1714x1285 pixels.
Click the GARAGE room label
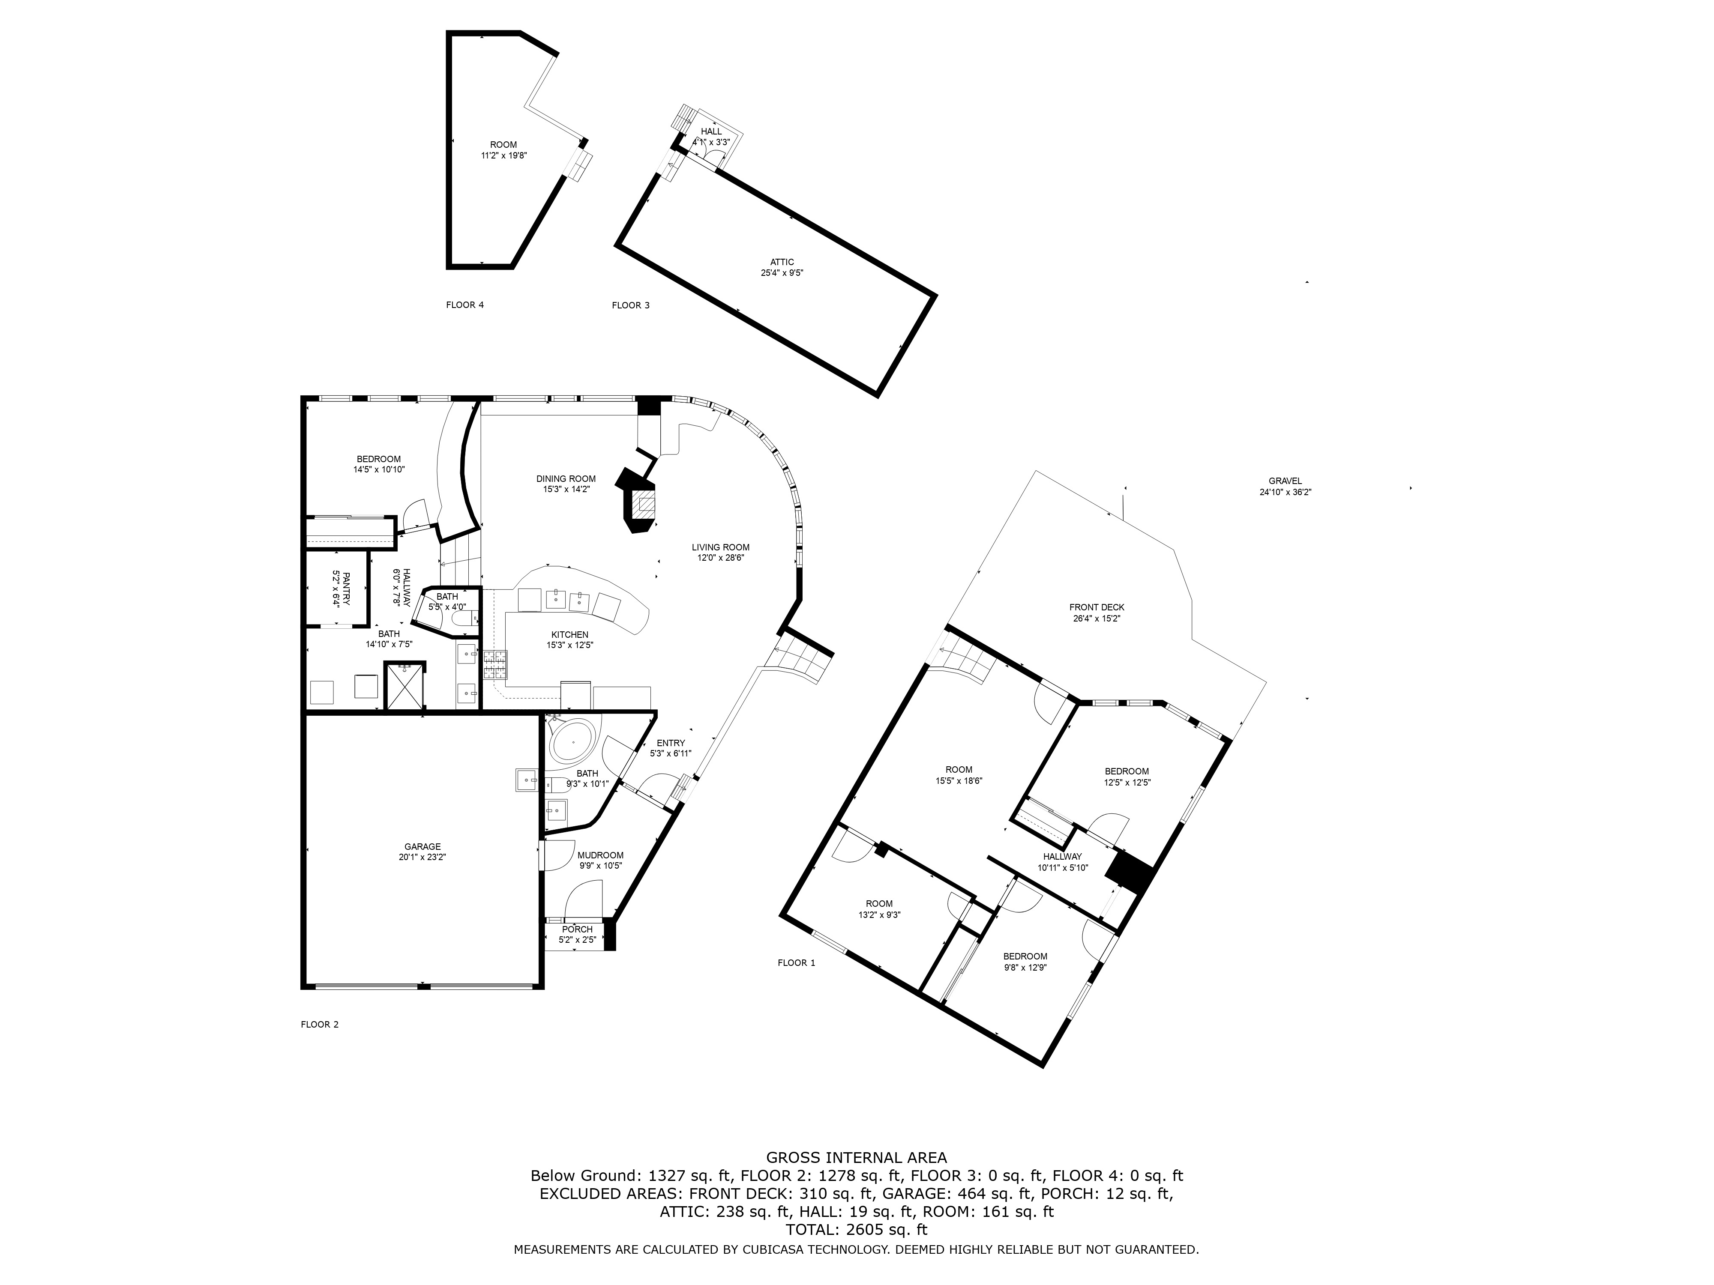[423, 846]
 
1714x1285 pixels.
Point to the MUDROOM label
[600, 855]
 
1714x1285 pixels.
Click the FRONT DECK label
[1097, 607]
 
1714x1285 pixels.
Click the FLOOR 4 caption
[465, 305]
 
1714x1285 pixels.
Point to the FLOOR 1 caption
[797, 963]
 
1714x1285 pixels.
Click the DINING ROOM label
[566, 479]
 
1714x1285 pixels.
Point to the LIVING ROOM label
[721, 547]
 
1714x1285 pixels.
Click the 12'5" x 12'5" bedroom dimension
[1127, 782]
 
